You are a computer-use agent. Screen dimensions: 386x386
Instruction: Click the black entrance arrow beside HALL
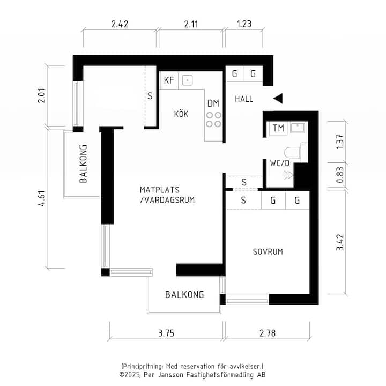278,99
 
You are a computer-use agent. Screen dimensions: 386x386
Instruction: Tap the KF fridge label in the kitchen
169,80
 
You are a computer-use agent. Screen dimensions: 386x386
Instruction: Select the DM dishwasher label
213,103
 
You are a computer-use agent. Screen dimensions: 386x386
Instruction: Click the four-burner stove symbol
214,120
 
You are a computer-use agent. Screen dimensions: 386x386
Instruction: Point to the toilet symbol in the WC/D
293,153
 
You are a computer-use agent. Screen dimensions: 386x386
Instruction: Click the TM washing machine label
278,128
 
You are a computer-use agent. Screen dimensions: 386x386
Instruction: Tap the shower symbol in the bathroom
288,175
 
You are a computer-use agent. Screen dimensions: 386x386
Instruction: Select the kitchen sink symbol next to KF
187,80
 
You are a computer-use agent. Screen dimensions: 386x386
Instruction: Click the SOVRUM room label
268,251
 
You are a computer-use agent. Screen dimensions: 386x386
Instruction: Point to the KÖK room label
181,114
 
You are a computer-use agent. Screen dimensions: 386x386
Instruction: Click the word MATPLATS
160,190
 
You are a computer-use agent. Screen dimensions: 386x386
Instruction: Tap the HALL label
244,99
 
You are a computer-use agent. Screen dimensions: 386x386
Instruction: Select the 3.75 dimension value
166,333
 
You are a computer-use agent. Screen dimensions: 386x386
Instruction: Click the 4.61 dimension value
42,198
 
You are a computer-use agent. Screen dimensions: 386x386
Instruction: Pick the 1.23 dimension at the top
244,24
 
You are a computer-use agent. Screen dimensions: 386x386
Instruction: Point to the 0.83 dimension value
340,175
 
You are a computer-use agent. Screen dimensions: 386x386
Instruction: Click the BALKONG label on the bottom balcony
184,295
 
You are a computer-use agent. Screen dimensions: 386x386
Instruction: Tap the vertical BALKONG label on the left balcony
83,164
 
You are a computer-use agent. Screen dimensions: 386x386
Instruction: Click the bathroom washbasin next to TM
298,128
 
